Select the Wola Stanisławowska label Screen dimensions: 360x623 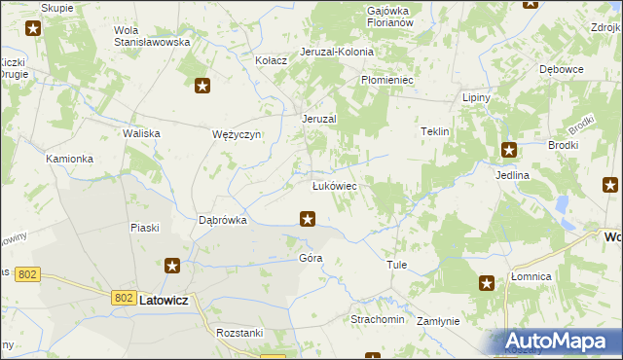pyautogui.click(x=151, y=36)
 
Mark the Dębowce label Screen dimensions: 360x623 pyautogui.click(x=561, y=70)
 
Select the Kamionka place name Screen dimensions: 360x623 pyautogui.click(x=69, y=158)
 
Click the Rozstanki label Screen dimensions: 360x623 pyautogui.click(x=240, y=333)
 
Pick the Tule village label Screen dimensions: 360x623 pyautogui.click(x=396, y=265)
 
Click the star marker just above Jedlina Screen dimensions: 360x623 pyautogui.click(x=509, y=150)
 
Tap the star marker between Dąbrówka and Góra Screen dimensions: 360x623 pyautogui.click(x=308, y=219)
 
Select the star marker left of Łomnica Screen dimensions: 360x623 pyautogui.click(x=487, y=283)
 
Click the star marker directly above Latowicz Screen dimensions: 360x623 pyautogui.click(x=172, y=266)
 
